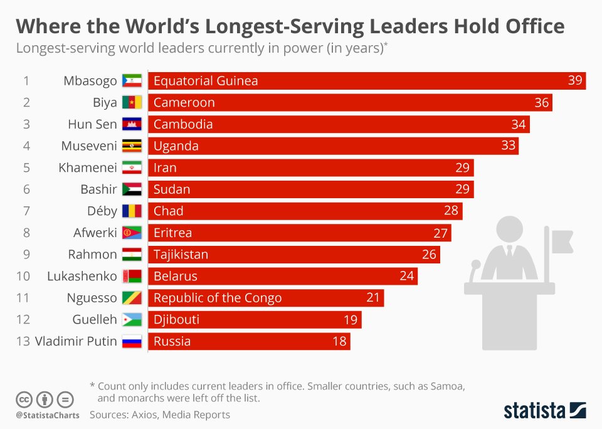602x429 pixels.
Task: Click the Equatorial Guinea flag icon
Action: pos(132,81)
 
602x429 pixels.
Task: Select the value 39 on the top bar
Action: pos(575,81)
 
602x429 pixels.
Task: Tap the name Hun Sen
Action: pos(92,124)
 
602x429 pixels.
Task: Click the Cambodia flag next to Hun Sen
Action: pos(132,124)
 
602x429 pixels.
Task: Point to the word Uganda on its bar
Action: pos(176,146)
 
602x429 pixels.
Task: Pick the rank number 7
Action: pos(26,211)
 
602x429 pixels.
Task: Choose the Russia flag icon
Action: pos(132,342)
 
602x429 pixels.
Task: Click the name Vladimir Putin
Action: pos(76,342)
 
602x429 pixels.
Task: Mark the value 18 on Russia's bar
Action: pos(339,342)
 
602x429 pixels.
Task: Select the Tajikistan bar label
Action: pos(181,255)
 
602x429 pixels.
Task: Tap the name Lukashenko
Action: pos(82,277)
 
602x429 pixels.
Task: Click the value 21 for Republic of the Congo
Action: pos(373,298)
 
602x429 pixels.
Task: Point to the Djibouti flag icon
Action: pos(132,320)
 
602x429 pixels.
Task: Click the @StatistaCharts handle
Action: pos(47,415)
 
